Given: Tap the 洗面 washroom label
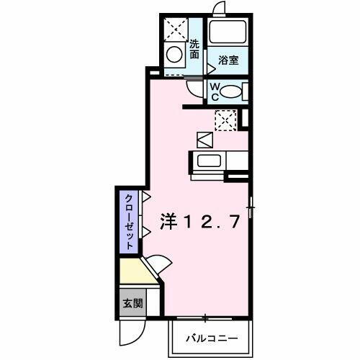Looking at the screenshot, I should pyautogui.click(x=194, y=48).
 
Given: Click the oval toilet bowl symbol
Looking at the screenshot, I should pyautogui.click(x=229, y=91).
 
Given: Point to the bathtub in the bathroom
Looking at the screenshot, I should pyautogui.click(x=228, y=32).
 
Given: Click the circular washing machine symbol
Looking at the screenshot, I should pyautogui.click(x=174, y=54).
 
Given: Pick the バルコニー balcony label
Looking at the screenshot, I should pyautogui.click(x=210, y=337).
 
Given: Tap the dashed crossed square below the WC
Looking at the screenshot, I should pyautogui.click(x=225, y=120).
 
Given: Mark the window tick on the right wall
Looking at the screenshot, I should pyautogui.click(x=249, y=209).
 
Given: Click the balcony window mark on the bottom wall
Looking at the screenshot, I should pyautogui.click(x=204, y=317).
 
